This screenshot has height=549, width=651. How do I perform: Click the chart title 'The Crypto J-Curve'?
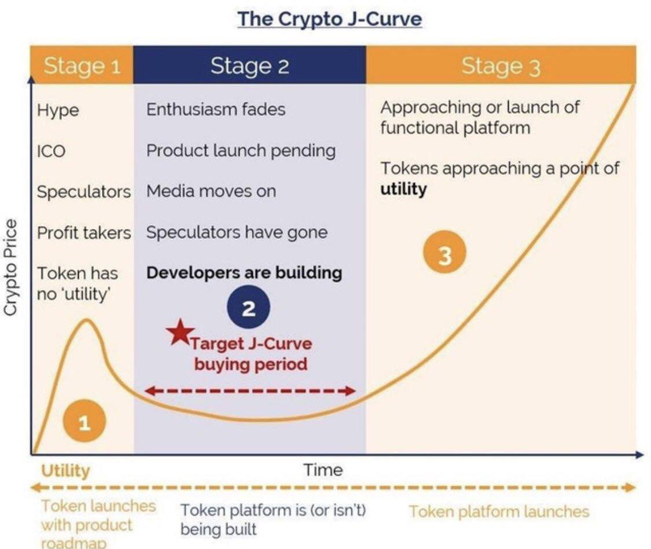[x=330, y=19]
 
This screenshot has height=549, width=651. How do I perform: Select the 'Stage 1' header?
[x=82, y=65]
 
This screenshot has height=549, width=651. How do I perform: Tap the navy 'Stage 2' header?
[x=249, y=65]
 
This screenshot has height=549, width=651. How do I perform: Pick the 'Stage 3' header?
[x=501, y=65]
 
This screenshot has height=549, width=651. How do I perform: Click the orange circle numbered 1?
[x=84, y=422]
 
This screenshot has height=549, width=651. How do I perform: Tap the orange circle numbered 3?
[x=444, y=252]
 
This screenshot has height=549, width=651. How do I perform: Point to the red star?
[x=180, y=333]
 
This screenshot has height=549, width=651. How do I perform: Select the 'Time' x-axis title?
[x=323, y=470]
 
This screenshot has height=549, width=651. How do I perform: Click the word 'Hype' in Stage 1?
[x=58, y=111]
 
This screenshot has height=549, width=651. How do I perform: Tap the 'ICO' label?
[x=51, y=151]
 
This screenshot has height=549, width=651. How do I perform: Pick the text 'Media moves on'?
[x=211, y=191]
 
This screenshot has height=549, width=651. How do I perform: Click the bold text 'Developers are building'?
[x=244, y=272]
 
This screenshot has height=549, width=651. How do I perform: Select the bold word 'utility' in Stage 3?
[x=403, y=189]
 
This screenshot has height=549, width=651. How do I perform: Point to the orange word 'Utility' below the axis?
[x=65, y=470]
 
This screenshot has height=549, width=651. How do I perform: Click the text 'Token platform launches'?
[x=499, y=511]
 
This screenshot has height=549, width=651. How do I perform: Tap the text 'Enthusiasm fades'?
[x=216, y=109]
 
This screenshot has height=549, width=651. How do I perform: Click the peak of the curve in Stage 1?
[x=87, y=320]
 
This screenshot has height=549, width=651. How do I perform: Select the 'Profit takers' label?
[x=84, y=233]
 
